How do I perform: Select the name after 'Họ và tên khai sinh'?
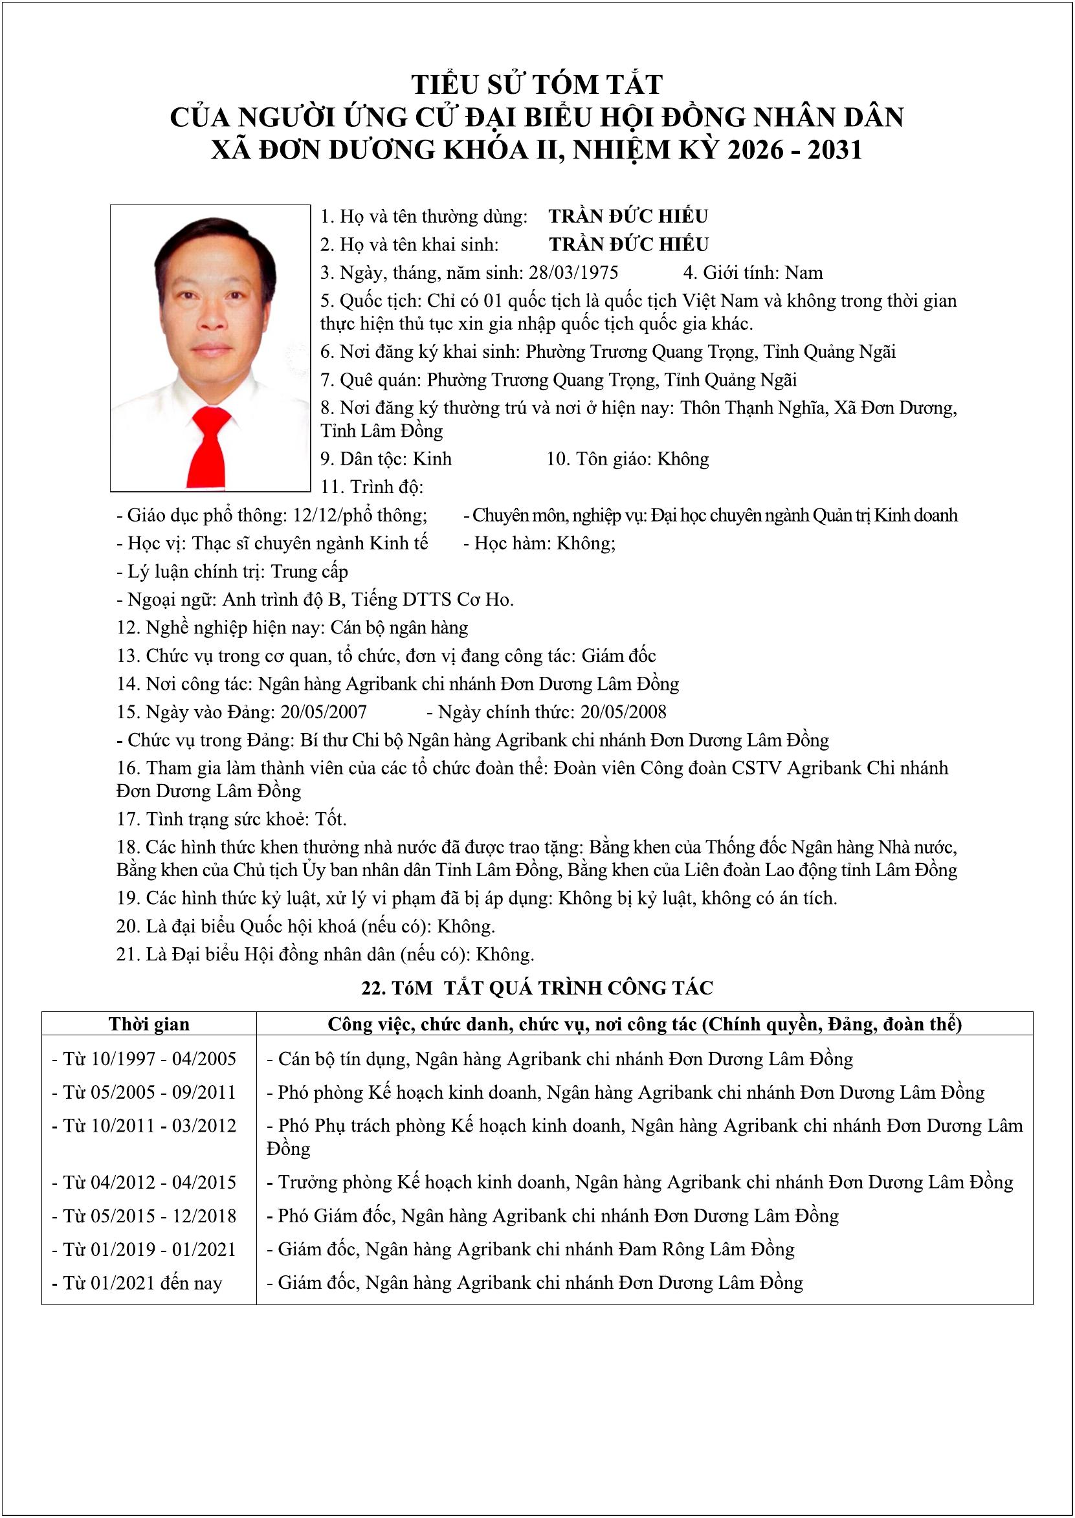628,245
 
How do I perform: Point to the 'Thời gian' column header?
149,1024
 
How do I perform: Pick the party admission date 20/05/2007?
324,712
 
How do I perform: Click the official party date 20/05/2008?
623,712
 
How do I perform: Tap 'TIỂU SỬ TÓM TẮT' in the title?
537,85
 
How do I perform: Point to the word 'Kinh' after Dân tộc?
432,459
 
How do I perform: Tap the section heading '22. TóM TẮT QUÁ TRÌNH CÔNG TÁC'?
537,988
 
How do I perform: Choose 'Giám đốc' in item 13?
618,655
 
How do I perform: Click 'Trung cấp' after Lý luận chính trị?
309,572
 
